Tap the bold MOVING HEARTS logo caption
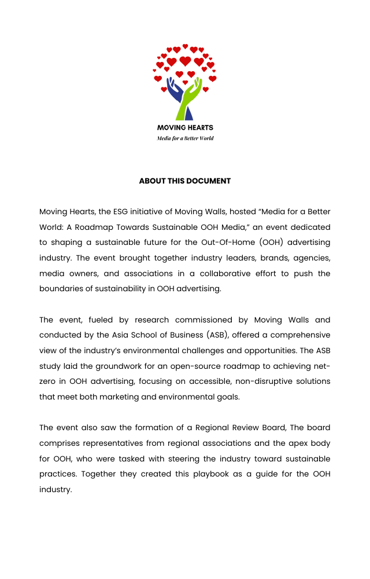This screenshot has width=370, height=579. point(185,127)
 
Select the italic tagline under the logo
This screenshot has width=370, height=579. point(185,138)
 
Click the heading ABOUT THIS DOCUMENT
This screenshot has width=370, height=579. point(185,181)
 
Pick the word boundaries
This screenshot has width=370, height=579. point(63,288)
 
